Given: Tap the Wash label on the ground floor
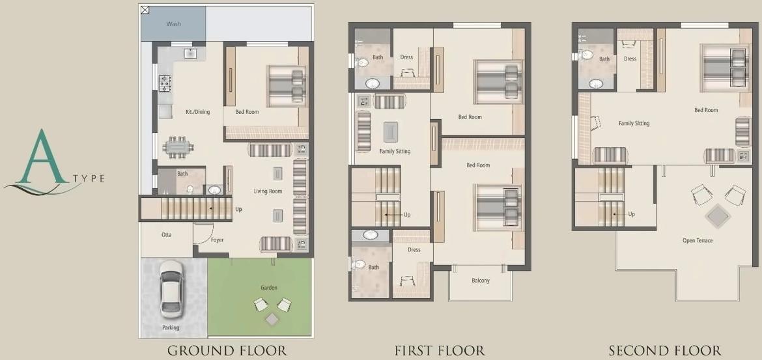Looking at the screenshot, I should (173, 24).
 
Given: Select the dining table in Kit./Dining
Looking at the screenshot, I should (178, 146).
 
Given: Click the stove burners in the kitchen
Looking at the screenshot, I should (165, 82).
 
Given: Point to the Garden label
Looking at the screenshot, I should (269, 287).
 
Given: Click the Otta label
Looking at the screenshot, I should (167, 234).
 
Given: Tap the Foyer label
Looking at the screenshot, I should (217, 240).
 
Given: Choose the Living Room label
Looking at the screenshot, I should (268, 191).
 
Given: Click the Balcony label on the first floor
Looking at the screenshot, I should (481, 281).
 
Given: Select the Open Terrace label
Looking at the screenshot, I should (698, 241).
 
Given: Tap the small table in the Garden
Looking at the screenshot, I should (271, 319).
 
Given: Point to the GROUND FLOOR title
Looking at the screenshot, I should (227, 351).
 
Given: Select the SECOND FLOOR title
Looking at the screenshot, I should (665, 351).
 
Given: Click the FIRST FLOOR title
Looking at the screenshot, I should (440, 351).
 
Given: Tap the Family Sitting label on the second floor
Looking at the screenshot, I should (634, 123).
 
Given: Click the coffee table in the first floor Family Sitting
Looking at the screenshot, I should (391, 132).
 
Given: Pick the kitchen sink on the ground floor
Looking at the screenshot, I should (191, 53).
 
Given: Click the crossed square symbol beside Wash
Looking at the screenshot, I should (145, 10).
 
